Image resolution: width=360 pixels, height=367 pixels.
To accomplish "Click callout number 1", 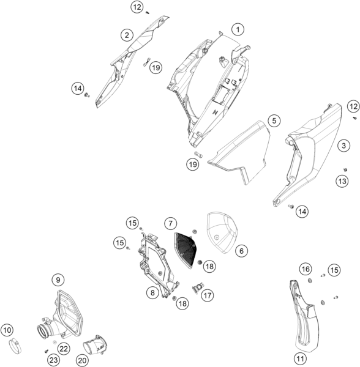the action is (x=238, y=29).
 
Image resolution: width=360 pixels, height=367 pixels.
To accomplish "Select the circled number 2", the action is (x=127, y=35).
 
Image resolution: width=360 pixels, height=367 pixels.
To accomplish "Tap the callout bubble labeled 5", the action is (x=274, y=120).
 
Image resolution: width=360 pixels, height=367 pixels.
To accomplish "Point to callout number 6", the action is (x=241, y=251).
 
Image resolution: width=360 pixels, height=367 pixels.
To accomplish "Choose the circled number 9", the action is (x=58, y=280).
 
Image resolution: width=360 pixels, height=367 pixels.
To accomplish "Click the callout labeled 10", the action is (x=7, y=330).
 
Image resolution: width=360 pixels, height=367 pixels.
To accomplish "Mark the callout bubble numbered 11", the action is (x=300, y=358).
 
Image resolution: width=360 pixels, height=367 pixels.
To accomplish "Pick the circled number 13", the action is (x=342, y=181).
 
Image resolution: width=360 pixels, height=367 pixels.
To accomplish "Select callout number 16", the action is (x=306, y=269).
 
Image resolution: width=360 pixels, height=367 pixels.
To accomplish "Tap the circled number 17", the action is (x=208, y=295).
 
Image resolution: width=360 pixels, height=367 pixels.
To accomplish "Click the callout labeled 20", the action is (x=82, y=360).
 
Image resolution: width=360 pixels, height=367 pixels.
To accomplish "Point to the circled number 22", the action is (x=64, y=349).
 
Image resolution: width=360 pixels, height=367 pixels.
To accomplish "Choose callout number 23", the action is (x=54, y=360).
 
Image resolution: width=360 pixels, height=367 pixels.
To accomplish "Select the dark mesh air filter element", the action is (x=186, y=250).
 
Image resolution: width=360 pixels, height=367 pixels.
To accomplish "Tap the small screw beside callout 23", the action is (x=46, y=351).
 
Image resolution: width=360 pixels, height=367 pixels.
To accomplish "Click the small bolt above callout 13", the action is (x=345, y=169).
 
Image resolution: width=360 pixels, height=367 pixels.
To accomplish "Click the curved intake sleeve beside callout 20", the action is (x=95, y=344).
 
